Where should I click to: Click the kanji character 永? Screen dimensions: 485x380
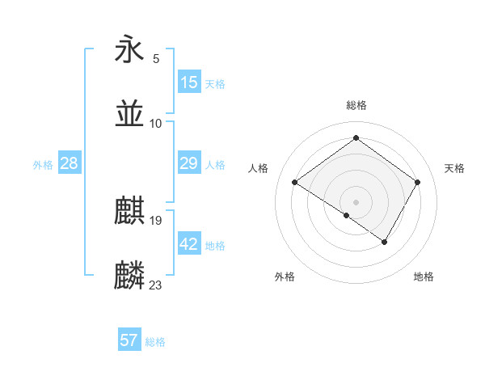[x=130, y=50]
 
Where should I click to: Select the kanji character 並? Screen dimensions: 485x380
[x=130, y=114]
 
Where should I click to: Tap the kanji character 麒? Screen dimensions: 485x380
[x=130, y=212]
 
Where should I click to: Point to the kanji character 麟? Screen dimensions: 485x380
[x=130, y=275]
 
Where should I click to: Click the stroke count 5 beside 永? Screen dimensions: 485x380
[x=156, y=59]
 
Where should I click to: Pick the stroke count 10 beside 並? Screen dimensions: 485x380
[x=156, y=123]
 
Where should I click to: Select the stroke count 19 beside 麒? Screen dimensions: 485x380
[x=156, y=220]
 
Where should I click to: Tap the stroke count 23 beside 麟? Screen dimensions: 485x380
[x=156, y=285]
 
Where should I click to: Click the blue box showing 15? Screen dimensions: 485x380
[x=189, y=82]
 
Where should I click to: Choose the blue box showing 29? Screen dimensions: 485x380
[x=189, y=163]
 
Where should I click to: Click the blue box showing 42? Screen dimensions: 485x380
[x=189, y=244]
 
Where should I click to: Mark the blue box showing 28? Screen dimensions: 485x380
[x=70, y=163]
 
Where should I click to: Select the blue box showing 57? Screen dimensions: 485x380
[x=129, y=340]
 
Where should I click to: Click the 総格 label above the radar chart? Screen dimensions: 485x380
[x=356, y=105]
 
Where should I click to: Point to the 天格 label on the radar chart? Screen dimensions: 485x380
[x=455, y=168]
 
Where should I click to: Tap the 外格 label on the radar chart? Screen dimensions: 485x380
[x=285, y=277]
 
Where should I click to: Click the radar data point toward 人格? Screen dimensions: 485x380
[x=295, y=183]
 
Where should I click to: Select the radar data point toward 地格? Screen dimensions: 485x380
[x=385, y=242]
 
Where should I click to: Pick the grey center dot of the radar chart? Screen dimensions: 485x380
[x=356, y=201]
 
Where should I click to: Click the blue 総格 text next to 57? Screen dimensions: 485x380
[x=155, y=342]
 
